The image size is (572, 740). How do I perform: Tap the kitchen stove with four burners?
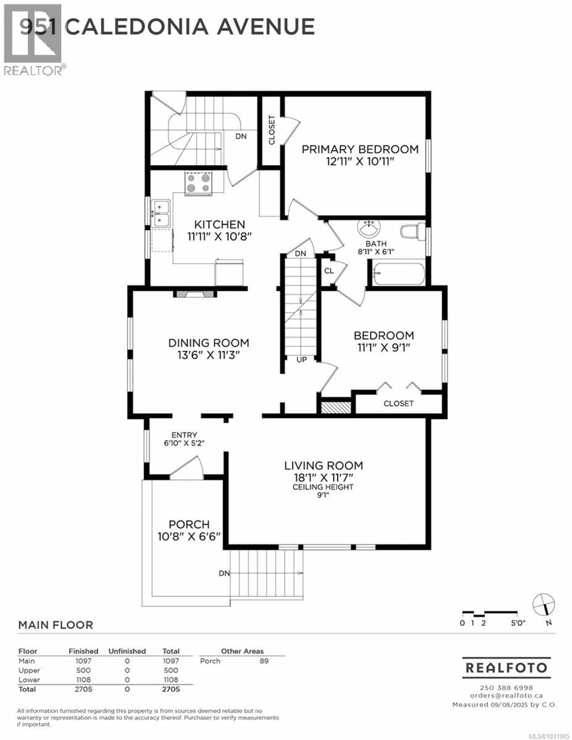(x=198, y=183)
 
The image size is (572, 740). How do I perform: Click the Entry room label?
(x=184, y=435)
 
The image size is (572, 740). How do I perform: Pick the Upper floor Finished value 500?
(x=83, y=670)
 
